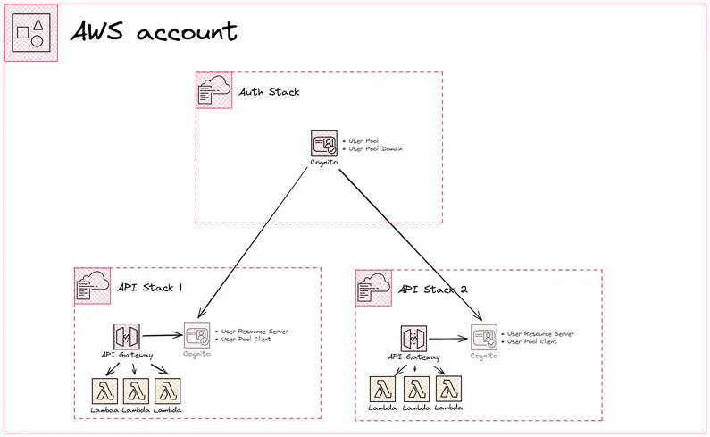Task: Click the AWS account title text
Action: tap(154, 32)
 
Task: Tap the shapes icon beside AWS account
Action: tap(31, 33)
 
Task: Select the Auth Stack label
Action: tap(269, 91)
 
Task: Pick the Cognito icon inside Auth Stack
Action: tap(323, 144)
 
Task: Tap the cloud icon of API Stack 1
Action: tap(92, 286)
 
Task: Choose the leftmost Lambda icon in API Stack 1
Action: tap(104, 391)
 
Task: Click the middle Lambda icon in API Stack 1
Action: tap(136, 391)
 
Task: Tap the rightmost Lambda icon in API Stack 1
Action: tap(167, 391)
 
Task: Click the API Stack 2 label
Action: tap(432, 290)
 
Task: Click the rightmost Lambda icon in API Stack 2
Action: tap(448, 390)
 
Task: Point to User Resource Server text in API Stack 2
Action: tap(540, 333)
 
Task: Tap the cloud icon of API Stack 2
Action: tap(373, 289)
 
